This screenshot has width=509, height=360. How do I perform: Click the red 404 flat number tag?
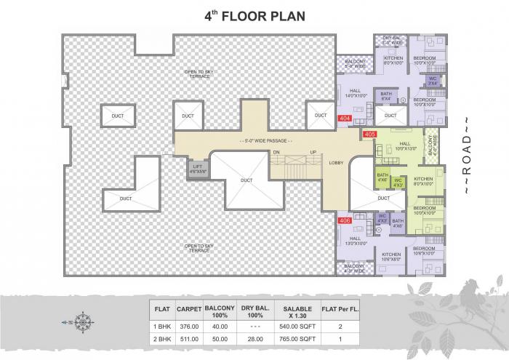(x=345, y=118)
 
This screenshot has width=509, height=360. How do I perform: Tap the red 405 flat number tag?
(x=369, y=134)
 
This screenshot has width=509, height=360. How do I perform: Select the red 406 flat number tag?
(x=345, y=220)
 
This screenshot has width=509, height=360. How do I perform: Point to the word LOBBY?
(x=336, y=163)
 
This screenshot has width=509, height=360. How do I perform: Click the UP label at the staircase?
(x=313, y=151)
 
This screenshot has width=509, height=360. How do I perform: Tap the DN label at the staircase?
(x=276, y=151)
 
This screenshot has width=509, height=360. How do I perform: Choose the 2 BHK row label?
(x=161, y=338)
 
